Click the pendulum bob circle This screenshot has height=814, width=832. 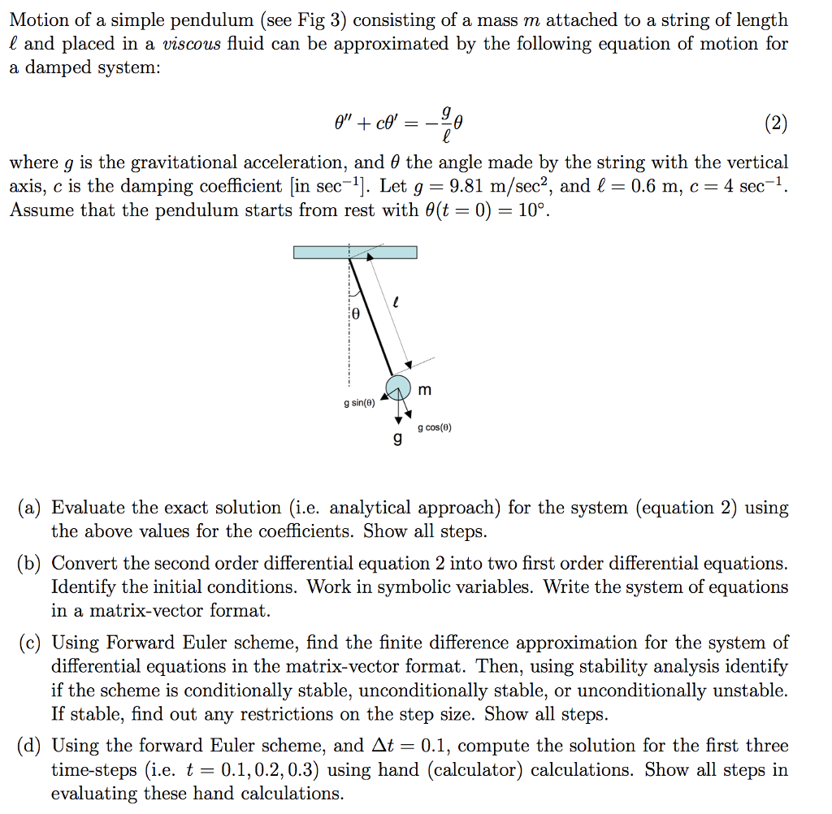click(397, 387)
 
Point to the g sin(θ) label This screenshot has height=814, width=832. click(358, 402)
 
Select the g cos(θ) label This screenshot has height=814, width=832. click(435, 427)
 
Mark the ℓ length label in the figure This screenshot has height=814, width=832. click(395, 301)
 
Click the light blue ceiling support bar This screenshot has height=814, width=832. click(355, 252)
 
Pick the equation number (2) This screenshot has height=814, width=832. click(776, 123)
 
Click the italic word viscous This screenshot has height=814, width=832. click(196, 44)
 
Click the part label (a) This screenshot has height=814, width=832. click(30, 509)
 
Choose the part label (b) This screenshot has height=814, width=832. click(31, 564)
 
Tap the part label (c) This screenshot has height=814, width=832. click(30, 643)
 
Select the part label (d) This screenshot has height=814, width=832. click(31, 746)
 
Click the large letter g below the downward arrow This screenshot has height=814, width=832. click(397, 439)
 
